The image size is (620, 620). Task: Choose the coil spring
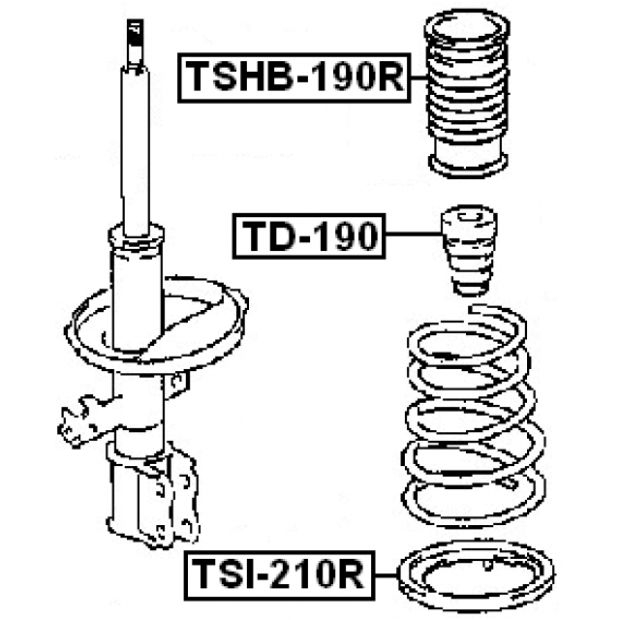(469, 417)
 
